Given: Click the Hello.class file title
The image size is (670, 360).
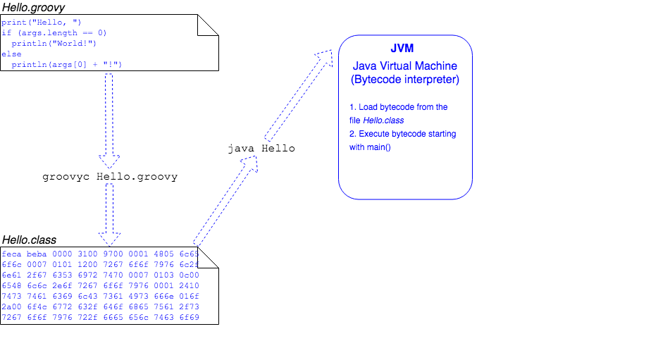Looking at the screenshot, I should (x=29, y=240).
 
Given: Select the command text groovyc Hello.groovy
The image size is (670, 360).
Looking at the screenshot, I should (x=110, y=177).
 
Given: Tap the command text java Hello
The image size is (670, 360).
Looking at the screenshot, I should (x=261, y=149).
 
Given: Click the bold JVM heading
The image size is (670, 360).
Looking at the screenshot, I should (x=405, y=49).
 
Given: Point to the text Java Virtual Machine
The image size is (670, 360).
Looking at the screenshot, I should (x=405, y=66).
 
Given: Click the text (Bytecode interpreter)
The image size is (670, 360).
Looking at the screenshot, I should (x=405, y=80).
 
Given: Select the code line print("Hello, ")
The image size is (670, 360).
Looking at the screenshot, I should (x=42, y=23).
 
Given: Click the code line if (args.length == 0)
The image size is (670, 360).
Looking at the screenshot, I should (x=54, y=32).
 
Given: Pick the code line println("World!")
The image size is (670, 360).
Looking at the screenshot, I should (x=54, y=43).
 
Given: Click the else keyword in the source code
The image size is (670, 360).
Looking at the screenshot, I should (x=11, y=54).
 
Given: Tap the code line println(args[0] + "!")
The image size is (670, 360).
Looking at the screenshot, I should (x=66, y=64).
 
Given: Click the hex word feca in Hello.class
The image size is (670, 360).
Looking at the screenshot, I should (x=11, y=254).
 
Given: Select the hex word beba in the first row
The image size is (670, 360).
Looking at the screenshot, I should (x=37, y=254).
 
